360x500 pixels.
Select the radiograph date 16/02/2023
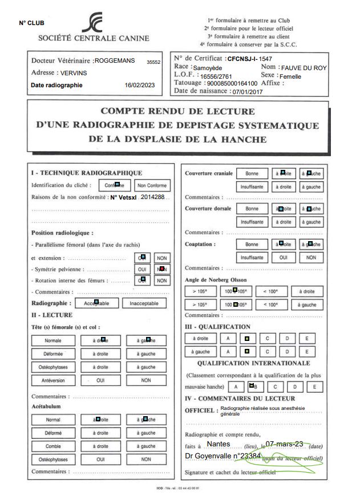coord(140,85)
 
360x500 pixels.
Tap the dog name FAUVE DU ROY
coord(304,68)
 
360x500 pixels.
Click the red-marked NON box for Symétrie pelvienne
coord(162,269)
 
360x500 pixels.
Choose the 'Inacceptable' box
coord(144,303)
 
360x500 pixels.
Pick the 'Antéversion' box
coord(53,380)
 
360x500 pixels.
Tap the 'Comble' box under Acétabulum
coord(53,446)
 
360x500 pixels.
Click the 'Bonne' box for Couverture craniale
coord(252,173)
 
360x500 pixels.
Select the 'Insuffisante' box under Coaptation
coord(252,258)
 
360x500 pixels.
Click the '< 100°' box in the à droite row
coord(271,291)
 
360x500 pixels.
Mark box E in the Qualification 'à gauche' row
coord(307,352)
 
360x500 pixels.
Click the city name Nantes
coord(219,444)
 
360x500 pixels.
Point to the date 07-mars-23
coord(284,444)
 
